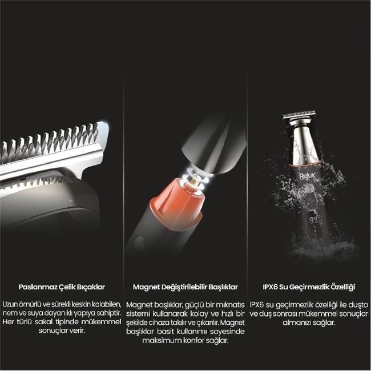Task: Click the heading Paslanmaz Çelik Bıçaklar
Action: coord(62,287)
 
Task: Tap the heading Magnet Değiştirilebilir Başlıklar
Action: coord(185,287)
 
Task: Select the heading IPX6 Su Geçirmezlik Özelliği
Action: coord(309,287)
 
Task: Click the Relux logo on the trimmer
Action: coord(307,176)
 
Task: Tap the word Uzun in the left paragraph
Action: coord(10,304)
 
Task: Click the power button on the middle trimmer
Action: coord(139,242)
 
